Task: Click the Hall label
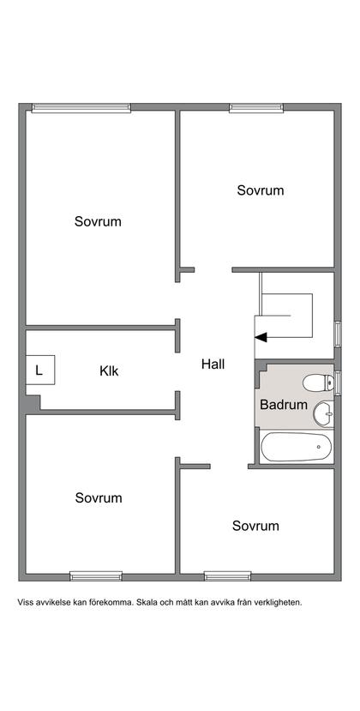213,365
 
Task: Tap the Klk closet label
109,371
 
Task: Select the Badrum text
284,405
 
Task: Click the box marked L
40,370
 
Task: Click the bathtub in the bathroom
296,447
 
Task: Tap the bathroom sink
324,413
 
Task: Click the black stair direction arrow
261,337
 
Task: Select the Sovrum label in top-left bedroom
98,222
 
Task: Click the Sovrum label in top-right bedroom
261,190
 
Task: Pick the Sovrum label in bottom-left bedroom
99,498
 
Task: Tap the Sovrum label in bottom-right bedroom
255,526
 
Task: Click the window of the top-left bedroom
81,108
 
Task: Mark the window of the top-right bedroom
256,108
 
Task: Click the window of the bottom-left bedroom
96,576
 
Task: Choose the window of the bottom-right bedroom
227,576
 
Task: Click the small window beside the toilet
338,383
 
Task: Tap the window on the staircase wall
338,334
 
